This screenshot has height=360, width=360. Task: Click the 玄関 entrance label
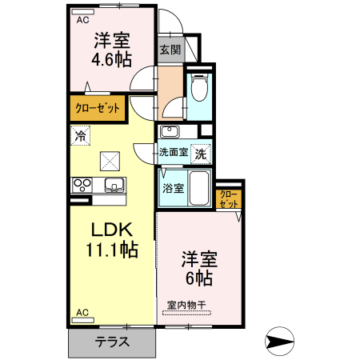point(169,49)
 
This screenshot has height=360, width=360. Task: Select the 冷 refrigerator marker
point(80,136)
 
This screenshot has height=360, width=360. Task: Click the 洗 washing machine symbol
point(202,152)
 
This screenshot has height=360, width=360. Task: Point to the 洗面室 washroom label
point(172,152)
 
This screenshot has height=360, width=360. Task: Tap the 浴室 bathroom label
point(174,189)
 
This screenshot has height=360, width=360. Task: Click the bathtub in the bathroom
point(199,189)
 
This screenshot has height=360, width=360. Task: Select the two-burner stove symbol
point(82,185)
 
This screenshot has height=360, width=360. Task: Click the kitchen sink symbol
point(114,186)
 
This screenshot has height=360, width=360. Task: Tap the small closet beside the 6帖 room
point(229,198)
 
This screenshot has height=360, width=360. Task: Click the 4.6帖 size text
point(112,60)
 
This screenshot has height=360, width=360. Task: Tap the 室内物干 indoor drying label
point(187,305)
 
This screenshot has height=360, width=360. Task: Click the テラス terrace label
point(113,342)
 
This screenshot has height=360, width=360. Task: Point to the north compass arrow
point(281,342)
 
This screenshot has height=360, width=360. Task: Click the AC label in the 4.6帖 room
point(82,22)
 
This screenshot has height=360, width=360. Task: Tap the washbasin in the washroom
point(169,131)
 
